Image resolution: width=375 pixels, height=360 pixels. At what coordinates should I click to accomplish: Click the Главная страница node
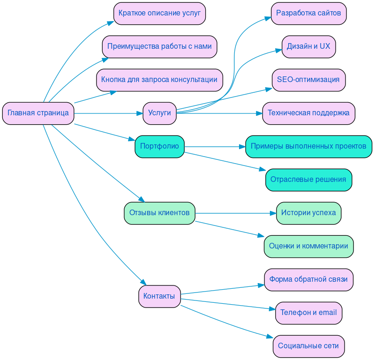[x=38, y=113]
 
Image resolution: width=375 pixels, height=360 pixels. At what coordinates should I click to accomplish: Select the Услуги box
[x=159, y=113]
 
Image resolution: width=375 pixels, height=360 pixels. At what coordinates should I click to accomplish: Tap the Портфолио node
[x=159, y=147]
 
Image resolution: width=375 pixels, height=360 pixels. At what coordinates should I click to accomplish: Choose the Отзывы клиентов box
[x=159, y=213]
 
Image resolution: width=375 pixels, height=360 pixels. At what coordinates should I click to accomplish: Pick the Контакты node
[x=159, y=296]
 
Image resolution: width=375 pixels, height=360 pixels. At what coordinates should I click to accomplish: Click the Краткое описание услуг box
[x=159, y=13]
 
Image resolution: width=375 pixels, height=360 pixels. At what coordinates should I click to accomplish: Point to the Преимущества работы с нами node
[x=159, y=46]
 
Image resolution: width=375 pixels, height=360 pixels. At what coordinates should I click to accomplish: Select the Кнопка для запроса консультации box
[x=159, y=80]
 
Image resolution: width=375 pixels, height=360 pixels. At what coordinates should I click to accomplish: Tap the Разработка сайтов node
[x=308, y=13]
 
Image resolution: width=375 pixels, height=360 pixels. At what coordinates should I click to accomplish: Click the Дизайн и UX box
[x=308, y=46]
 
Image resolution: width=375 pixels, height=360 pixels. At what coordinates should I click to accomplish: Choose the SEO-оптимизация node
[x=308, y=80]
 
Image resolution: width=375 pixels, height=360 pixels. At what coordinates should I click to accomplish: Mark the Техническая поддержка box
[x=308, y=113]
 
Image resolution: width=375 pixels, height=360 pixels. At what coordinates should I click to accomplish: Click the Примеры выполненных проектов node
[x=308, y=147]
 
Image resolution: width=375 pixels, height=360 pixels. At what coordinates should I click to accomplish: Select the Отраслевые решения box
[x=308, y=180]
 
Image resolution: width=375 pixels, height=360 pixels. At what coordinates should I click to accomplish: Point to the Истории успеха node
[x=308, y=213]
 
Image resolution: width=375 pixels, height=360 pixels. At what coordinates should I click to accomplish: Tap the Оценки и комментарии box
[x=308, y=246]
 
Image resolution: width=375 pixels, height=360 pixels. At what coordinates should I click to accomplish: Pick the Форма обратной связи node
[x=308, y=279]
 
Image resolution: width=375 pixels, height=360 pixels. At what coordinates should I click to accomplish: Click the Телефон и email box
[x=308, y=313]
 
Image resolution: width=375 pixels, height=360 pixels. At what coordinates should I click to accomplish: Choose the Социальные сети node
[x=308, y=346]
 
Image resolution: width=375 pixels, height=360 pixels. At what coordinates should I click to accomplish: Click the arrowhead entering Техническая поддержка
[x=259, y=113]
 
